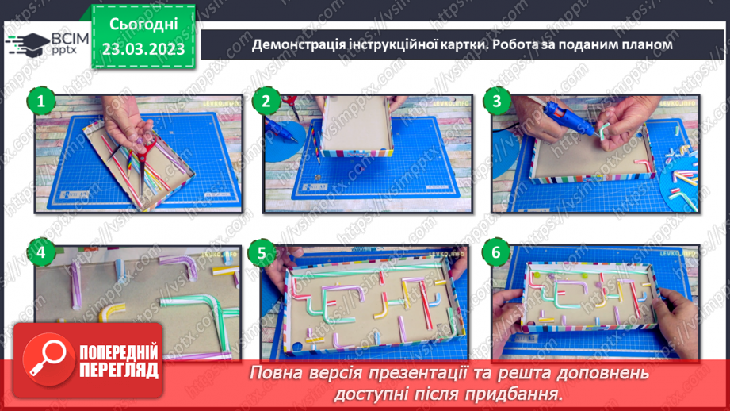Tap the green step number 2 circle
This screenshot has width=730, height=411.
(x=266, y=101)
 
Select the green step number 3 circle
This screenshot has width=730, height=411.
(x=497, y=101)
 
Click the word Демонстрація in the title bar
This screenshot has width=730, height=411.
(x=296, y=45)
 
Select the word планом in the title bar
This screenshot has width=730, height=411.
(x=647, y=45)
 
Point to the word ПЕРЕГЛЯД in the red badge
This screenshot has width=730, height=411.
(x=119, y=371)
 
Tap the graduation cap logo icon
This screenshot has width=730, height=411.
(x=26, y=42)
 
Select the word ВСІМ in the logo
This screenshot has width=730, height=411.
(x=67, y=36)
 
